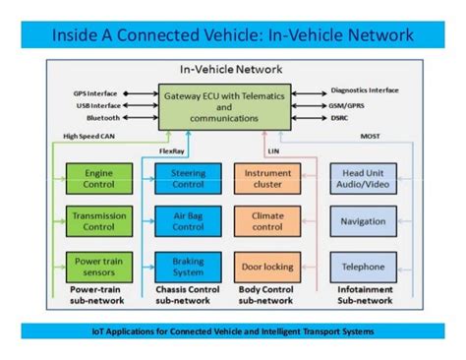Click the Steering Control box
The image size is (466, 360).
click(x=180, y=178)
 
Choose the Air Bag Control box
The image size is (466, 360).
click(x=180, y=221)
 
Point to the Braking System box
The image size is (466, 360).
click(x=180, y=267)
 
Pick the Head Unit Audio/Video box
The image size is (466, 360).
click(x=363, y=178)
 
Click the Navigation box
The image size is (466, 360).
click(x=363, y=221)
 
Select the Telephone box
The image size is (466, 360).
click(x=363, y=267)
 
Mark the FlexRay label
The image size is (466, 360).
click(x=172, y=151)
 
